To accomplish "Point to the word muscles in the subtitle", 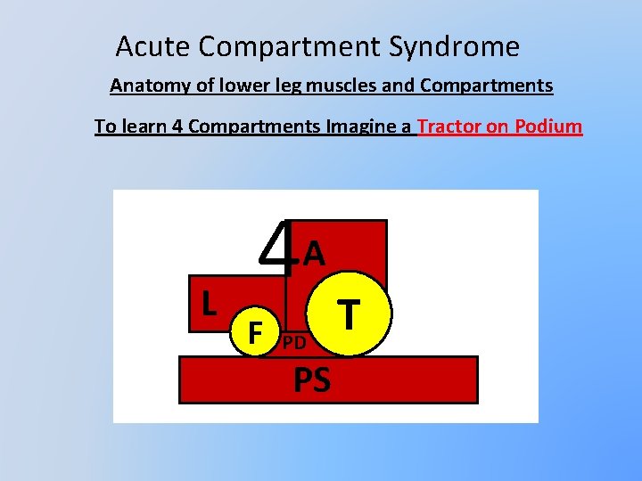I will point(358,86).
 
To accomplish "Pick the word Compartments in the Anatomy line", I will point(486,86).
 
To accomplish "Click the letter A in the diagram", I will point(314,255).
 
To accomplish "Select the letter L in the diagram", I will point(209,304).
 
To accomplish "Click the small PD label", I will point(295,343).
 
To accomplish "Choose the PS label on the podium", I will point(312,380).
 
